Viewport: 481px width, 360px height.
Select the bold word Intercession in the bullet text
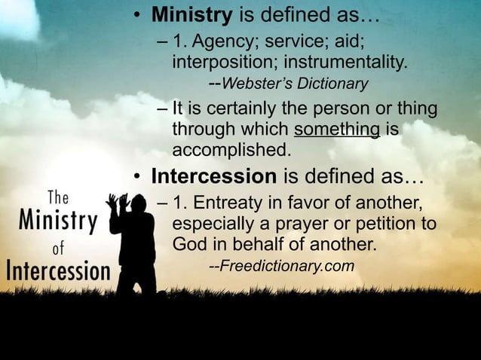[x=213, y=177]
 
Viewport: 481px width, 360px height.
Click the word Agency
[x=222, y=40]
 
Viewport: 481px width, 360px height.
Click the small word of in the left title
[x=58, y=246]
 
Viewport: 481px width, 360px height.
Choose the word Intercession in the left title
[x=58, y=270]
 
